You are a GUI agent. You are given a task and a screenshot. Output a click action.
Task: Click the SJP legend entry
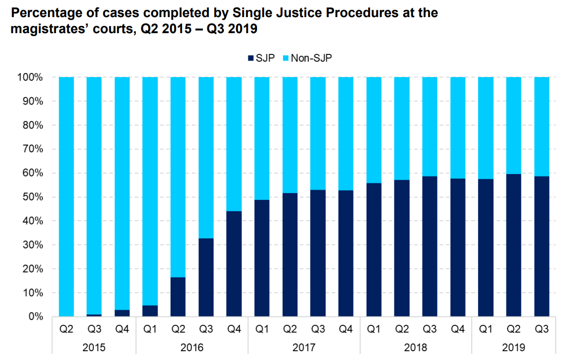click(262, 58)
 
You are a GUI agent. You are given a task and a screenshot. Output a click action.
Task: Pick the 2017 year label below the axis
click(304, 347)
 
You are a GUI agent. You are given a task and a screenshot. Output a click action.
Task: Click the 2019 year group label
click(513, 347)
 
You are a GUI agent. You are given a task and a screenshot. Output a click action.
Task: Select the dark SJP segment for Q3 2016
click(206, 277)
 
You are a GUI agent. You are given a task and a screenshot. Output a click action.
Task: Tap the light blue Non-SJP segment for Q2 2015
click(66, 197)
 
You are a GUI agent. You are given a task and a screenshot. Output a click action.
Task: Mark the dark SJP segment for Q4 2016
click(234, 264)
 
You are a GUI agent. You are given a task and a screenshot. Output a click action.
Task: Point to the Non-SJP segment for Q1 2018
click(374, 130)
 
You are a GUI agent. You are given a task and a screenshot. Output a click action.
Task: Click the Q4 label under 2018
click(458, 328)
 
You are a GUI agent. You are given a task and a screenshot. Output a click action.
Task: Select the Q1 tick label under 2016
click(150, 328)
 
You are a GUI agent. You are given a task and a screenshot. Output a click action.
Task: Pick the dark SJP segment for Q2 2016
click(178, 297)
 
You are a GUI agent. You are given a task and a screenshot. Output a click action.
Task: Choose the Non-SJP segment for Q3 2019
click(541, 127)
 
